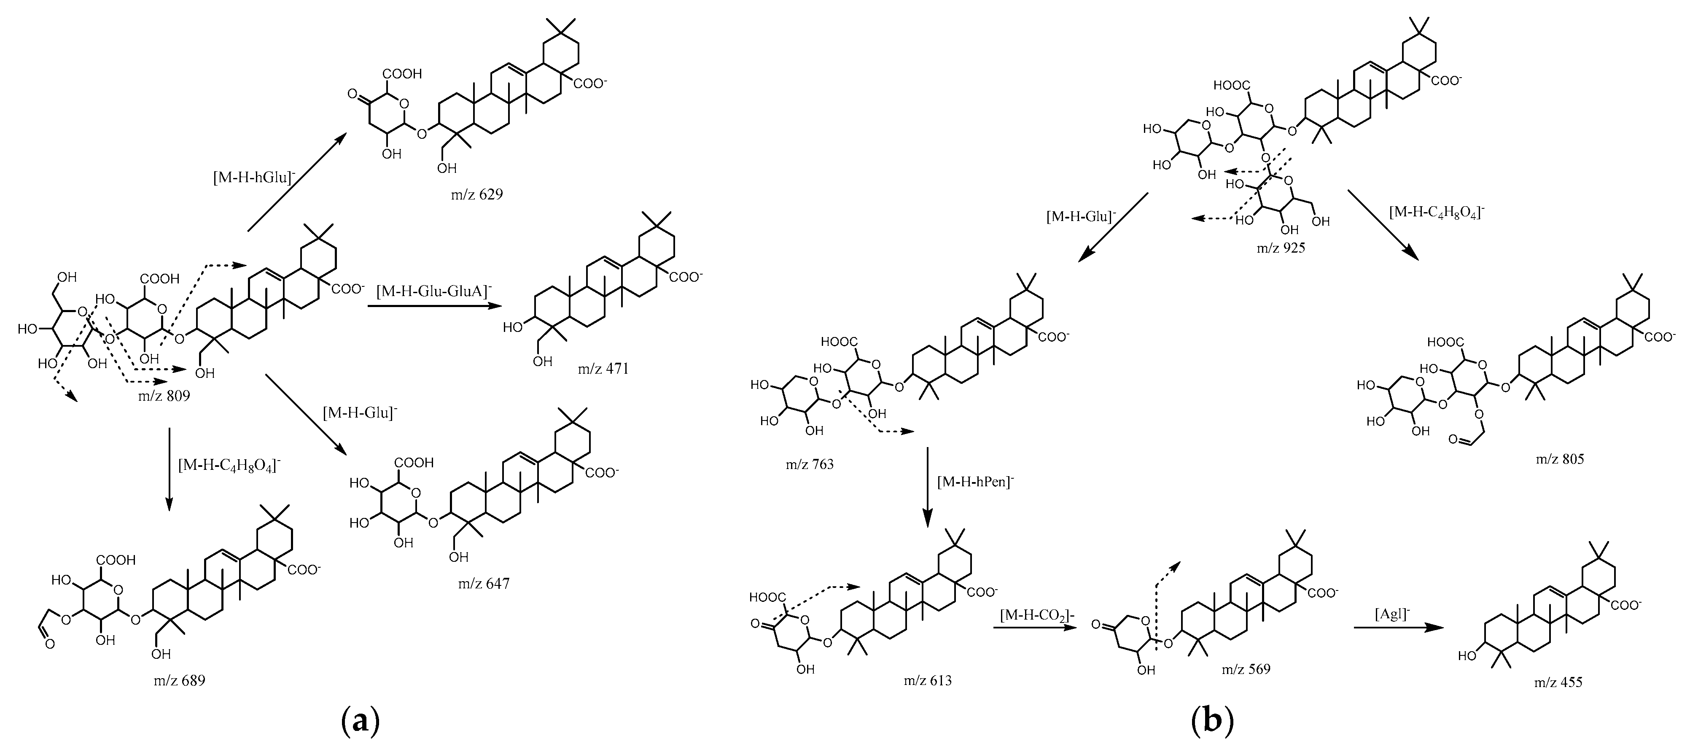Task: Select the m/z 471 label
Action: coord(603,369)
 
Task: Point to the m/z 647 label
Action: coord(484,583)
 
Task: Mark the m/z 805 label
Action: coord(1559,459)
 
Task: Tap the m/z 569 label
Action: coord(1245,669)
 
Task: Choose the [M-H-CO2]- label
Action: coord(1036,615)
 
